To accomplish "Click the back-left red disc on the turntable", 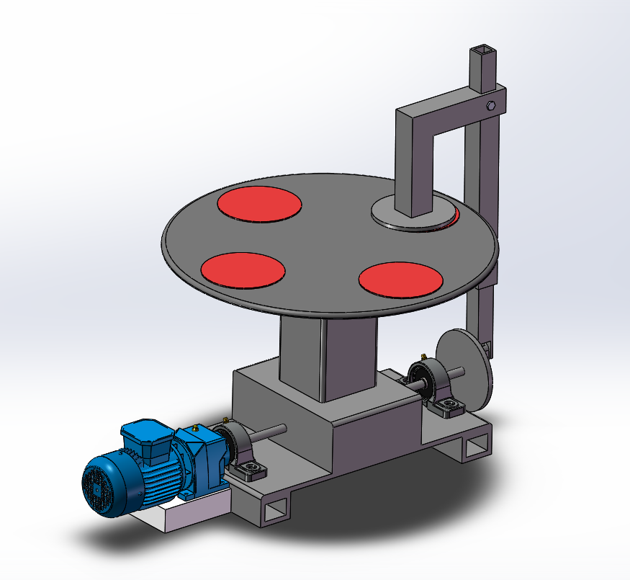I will click(259, 204).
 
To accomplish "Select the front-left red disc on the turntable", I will click(243, 269).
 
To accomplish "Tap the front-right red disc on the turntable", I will click(400, 279).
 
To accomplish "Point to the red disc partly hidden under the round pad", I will click(455, 215).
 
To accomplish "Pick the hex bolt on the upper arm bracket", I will click(491, 105).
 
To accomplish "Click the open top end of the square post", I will click(482, 52).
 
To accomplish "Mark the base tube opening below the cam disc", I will click(476, 448).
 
